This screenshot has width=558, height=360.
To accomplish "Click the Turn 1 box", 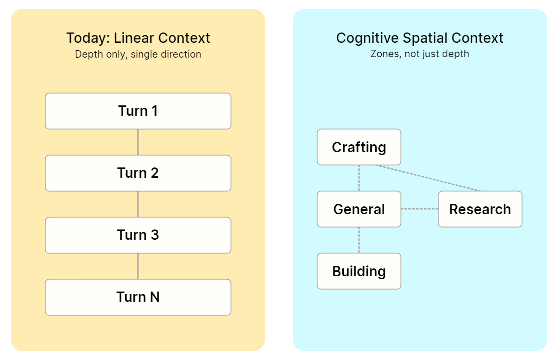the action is [x=138, y=111].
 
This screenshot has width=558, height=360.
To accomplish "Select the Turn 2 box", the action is [x=138, y=173].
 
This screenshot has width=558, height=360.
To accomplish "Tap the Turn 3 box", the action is [x=138, y=235].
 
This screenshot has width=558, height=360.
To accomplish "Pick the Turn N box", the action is [x=138, y=297].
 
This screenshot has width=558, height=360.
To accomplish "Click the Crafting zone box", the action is [x=359, y=147].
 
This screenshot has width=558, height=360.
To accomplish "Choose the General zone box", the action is [x=359, y=209].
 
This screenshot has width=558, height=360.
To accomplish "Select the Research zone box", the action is [x=480, y=209].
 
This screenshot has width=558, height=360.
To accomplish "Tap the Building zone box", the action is [x=359, y=271].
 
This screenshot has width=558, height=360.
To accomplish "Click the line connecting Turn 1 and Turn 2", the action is [x=138, y=142].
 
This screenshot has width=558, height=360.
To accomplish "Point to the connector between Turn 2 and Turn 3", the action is [x=138, y=204].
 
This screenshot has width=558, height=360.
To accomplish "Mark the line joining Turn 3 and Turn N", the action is [x=138, y=266].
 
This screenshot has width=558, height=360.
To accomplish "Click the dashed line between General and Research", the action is [x=420, y=209].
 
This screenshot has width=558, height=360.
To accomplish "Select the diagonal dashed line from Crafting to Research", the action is [x=428, y=178].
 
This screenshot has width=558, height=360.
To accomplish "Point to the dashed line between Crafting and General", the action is [x=359, y=178].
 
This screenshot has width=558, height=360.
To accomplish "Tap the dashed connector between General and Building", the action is [x=359, y=240].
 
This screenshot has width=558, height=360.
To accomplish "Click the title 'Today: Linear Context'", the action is [x=138, y=38].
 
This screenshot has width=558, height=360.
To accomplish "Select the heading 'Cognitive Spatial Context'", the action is [x=420, y=38].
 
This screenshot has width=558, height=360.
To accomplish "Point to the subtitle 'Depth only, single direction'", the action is [x=138, y=54].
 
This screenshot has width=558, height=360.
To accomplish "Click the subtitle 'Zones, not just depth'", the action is [x=420, y=54].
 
